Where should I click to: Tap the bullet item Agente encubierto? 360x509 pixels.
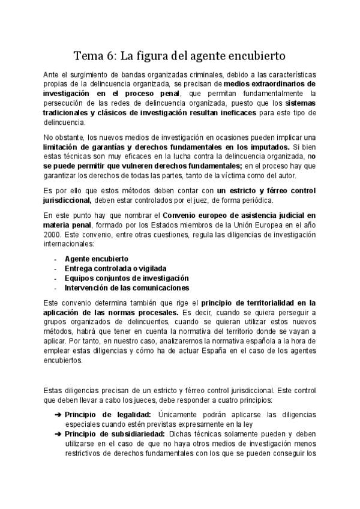click(x=92, y=259)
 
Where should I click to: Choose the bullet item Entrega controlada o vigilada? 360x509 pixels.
click(x=115, y=268)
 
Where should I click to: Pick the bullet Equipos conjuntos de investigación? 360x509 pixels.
click(x=127, y=278)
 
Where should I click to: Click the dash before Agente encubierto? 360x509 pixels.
click(x=55, y=259)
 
